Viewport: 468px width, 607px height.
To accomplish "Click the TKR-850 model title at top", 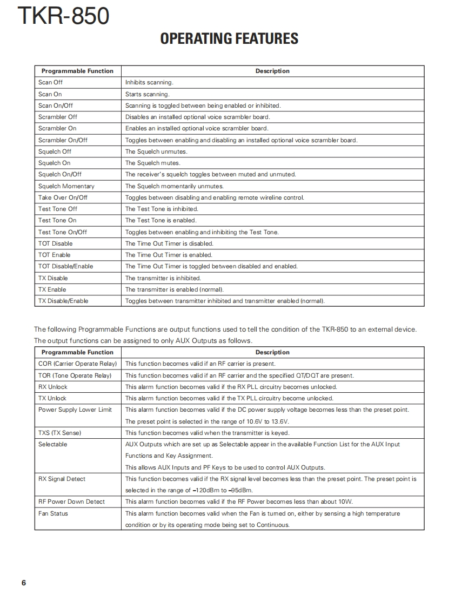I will click(x=63, y=17).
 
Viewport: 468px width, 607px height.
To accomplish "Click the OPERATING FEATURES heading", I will click(x=229, y=39).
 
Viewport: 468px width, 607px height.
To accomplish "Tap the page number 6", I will click(x=24, y=583).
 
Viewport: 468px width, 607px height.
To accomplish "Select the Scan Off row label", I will click(x=50, y=82).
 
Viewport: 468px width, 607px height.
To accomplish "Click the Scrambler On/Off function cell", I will click(x=63, y=140).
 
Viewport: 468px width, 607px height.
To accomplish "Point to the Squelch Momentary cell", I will click(x=66, y=186).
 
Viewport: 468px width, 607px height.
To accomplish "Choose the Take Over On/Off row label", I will click(x=63, y=197).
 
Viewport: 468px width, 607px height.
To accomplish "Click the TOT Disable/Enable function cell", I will click(x=65, y=266).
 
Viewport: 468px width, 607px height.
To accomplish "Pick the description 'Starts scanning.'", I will click(x=147, y=94).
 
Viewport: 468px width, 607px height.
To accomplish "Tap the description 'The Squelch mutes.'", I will click(x=153, y=163).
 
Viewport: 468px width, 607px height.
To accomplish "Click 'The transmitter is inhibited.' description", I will click(x=163, y=278).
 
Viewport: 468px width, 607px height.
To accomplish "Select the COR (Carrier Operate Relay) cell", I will click(x=77, y=364).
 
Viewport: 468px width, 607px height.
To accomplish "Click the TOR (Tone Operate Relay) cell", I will click(x=75, y=375).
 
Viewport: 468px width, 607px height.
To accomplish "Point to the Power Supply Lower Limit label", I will click(x=75, y=410).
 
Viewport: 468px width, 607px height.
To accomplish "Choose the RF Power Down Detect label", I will click(x=71, y=502).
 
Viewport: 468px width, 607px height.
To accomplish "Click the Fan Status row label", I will click(x=53, y=513).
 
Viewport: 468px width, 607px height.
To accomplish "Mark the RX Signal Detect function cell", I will click(x=62, y=479).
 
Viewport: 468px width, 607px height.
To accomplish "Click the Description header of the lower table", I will click(x=272, y=352).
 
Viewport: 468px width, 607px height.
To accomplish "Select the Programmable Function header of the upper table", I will click(x=77, y=71).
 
